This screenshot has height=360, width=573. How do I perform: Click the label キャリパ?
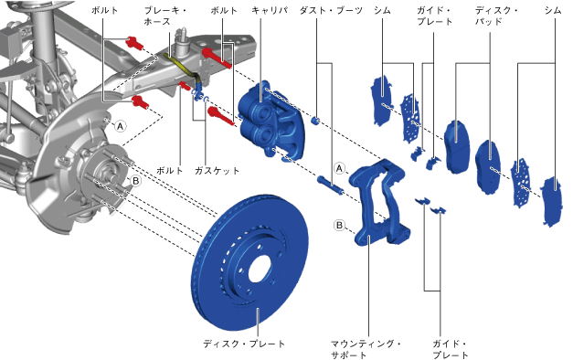[x=270, y=11]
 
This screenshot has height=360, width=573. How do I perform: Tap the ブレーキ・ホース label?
[x=165, y=16]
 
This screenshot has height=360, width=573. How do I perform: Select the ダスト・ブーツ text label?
[x=331, y=11]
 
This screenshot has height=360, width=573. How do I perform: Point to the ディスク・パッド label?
[x=496, y=16]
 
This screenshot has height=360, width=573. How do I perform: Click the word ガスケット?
[x=218, y=171]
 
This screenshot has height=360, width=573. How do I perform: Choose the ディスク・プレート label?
[x=244, y=344]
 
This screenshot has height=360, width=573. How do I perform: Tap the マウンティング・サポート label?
[x=366, y=349]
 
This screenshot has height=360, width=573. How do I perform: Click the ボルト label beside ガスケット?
[x=170, y=171]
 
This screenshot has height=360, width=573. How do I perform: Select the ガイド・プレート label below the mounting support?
[x=451, y=349]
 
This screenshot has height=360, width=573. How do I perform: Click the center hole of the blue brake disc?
[x=260, y=270]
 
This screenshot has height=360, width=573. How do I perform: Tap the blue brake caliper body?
[x=271, y=119]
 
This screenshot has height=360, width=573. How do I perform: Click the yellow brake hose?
[x=182, y=65]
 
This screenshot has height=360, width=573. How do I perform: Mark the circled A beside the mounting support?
[x=339, y=168]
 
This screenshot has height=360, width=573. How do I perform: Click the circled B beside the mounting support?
[x=339, y=225]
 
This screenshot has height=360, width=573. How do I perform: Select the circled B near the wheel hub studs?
[x=135, y=181]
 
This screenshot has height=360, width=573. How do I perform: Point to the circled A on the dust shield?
[x=121, y=126]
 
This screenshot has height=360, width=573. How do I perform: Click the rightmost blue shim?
[x=551, y=200]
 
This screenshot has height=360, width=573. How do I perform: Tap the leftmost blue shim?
[x=382, y=100]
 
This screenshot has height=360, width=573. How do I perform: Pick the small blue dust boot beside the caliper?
[x=316, y=121]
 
